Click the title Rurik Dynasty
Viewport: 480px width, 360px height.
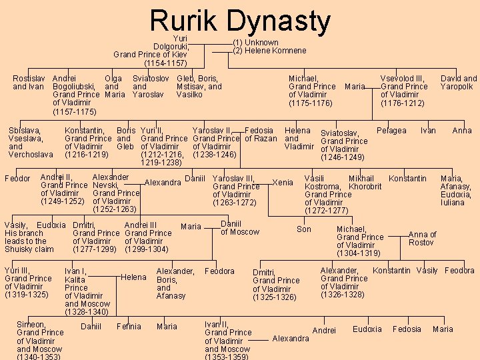(240, 21)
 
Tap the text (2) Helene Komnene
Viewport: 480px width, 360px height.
(269, 51)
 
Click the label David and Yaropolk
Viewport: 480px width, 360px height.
(459, 83)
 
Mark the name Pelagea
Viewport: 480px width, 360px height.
(391, 131)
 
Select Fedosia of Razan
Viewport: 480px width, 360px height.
(261, 134)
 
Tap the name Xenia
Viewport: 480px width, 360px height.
(283, 183)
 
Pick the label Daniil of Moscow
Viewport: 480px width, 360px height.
(239, 227)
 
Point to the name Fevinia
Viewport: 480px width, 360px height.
(129, 327)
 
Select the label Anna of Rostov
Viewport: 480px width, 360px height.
(422, 238)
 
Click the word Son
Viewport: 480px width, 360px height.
(304, 229)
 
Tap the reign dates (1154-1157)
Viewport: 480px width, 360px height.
(165, 63)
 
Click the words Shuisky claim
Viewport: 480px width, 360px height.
(29, 249)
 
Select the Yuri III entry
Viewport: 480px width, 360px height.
(27, 282)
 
